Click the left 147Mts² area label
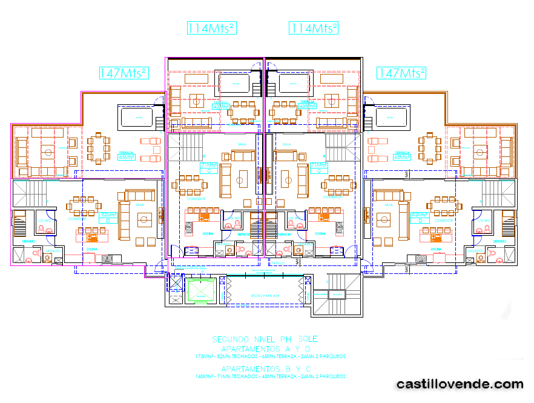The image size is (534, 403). [124, 73]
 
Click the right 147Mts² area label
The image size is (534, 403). [401, 73]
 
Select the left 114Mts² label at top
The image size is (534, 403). [211, 28]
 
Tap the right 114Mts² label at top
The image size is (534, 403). [314, 28]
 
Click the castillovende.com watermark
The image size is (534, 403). [460, 384]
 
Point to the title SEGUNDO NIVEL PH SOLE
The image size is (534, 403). [265, 339]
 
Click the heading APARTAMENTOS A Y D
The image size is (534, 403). [265, 350]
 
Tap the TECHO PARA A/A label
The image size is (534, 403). [265, 296]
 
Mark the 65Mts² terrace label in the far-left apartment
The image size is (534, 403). [126, 156]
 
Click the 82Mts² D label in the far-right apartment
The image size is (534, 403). [418, 216]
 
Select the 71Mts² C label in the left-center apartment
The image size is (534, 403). [208, 167]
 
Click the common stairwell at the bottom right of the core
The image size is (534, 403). [336, 294]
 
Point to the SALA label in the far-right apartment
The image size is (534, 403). [388, 205]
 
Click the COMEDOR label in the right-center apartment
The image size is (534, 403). [332, 198]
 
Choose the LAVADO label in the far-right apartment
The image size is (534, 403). [475, 250]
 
